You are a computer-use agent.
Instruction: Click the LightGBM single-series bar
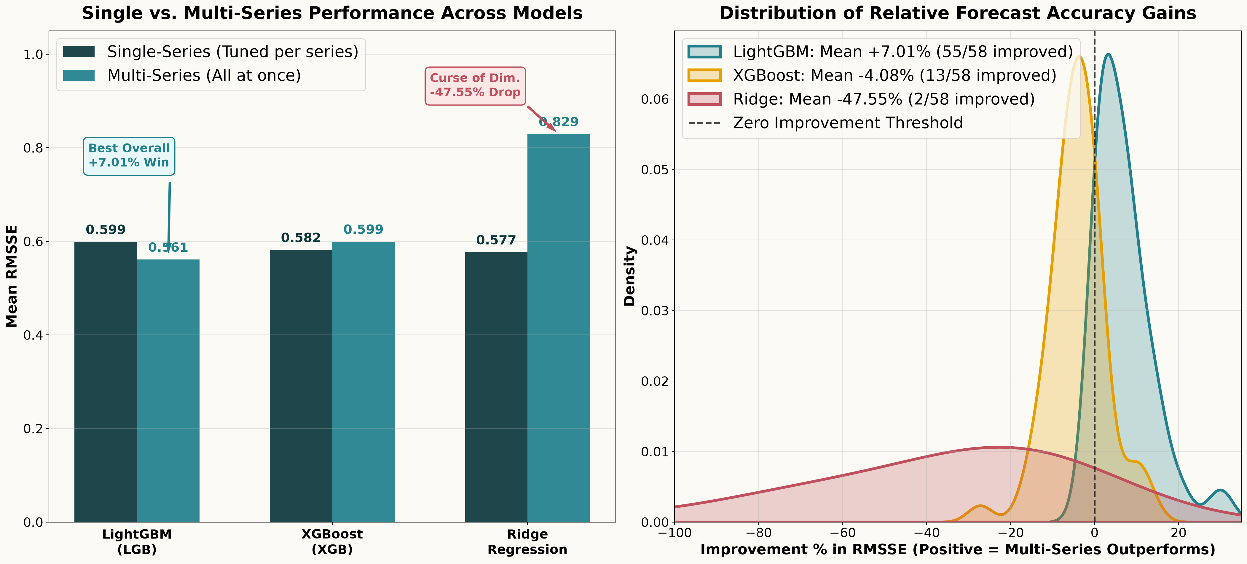pos(106,382)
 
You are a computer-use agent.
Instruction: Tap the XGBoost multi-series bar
pos(363,382)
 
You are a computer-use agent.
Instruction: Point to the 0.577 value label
pos(496,240)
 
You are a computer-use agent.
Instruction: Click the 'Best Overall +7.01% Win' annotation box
pos(129,156)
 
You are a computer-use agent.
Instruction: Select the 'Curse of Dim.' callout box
pos(475,86)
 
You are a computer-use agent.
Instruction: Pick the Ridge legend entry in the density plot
pos(861,99)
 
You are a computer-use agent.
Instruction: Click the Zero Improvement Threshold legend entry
pos(825,123)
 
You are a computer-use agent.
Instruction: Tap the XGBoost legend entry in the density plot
pos(872,76)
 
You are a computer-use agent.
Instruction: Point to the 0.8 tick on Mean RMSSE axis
pos(34,148)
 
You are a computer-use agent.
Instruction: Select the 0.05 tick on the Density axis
pos(654,170)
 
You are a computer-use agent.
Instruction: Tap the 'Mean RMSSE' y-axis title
pos(12,276)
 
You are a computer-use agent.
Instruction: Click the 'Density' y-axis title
pos(629,276)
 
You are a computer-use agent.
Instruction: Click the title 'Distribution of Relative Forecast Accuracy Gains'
pos(958,13)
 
